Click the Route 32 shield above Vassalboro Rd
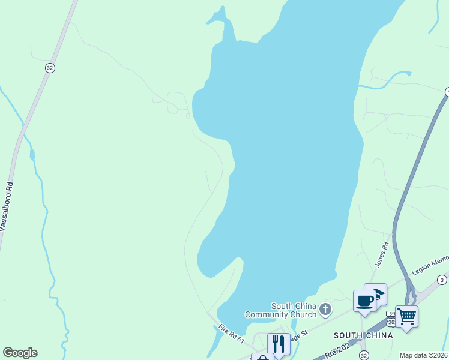click(50, 68)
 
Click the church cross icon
click(325, 310)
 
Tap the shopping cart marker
click(406, 316)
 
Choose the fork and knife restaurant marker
click(278, 344)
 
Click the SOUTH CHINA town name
click(363, 335)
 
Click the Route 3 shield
click(442, 280)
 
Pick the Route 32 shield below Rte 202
click(364, 356)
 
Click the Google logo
click(20, 353)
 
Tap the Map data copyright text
click(424, 355)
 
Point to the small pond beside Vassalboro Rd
click(32, 155)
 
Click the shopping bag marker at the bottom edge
click(262, 357)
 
